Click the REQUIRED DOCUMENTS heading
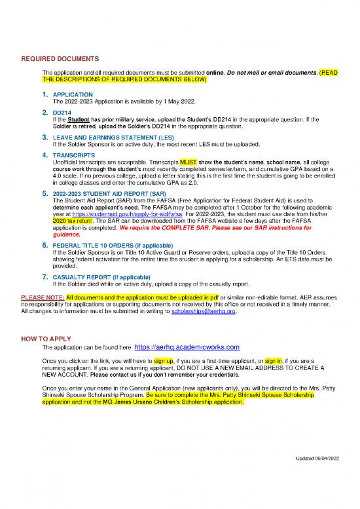pyautogui.click(x=60, y=58)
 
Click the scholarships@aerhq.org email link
pyautogui.click(x=202, y=312)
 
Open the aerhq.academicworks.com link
pyautogui.click(x=187, y=347)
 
